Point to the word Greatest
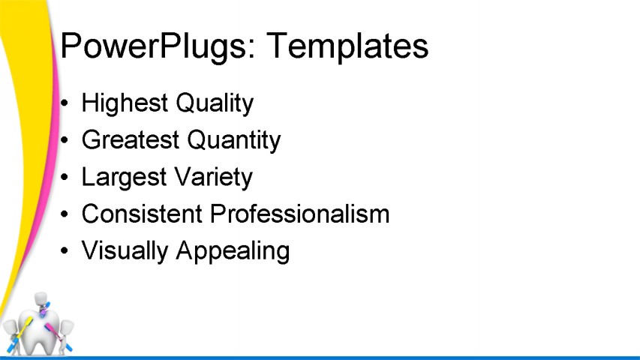point(129,140)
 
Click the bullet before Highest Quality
point(66,103)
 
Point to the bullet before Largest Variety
point(66,178)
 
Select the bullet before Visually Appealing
point(66,251)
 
